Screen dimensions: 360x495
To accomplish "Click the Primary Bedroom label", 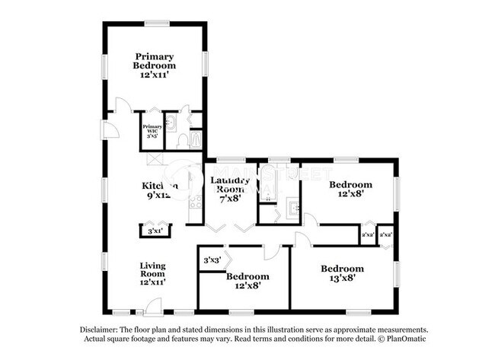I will point(155,66).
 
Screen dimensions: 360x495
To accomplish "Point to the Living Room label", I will point(152,273).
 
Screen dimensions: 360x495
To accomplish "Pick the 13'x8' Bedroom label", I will point(342,273).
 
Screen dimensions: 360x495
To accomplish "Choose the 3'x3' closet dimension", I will point(211,260).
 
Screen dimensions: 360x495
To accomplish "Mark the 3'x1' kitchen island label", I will point(155,230).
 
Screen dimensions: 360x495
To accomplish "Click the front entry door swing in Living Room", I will point(153,307).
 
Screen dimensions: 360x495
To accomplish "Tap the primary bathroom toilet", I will point(182,140).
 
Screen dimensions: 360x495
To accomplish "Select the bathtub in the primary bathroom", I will point(196,139).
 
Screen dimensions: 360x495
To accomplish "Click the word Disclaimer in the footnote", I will point(102,330).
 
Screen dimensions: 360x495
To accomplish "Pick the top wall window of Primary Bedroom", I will point(158,24).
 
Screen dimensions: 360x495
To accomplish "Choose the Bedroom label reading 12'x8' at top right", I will point(350,189).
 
